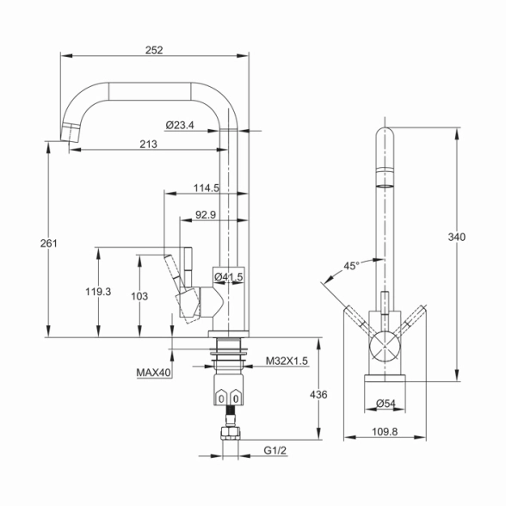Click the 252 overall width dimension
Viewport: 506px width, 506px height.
154,50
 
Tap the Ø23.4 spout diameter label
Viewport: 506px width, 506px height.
180,126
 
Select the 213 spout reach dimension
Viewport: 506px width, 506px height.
148,144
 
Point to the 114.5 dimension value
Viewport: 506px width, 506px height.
207,188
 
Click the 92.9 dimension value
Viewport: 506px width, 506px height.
206,214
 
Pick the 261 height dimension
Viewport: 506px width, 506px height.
49,244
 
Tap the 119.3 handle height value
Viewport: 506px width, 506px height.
98,292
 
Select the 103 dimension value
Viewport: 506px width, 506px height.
139,296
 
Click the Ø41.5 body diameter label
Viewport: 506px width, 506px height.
229,276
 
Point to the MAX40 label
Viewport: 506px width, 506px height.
153,373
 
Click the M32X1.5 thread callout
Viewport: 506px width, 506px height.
287,361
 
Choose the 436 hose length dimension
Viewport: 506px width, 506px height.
318,395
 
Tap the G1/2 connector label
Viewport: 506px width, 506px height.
275,450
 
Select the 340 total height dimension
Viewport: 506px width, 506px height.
457,238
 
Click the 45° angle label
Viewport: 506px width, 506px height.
351,266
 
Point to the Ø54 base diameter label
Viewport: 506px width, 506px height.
386,404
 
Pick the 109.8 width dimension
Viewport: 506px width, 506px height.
385,431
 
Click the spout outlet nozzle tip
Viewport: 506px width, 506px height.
69,133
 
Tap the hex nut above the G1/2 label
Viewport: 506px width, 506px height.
231,434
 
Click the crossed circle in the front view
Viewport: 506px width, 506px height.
385,346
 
